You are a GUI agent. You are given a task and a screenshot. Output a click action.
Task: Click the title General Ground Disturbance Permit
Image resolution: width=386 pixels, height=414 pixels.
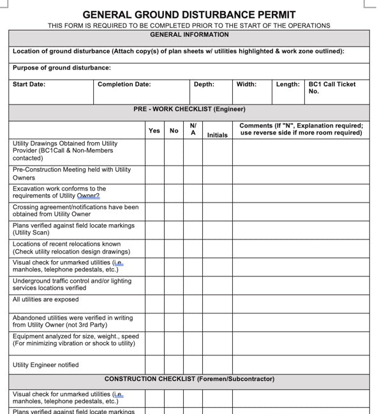tap(189, 14)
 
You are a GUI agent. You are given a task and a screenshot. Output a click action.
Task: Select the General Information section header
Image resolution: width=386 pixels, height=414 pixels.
tap(189, 35)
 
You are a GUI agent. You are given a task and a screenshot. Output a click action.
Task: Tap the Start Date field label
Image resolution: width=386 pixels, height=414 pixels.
tap(29, 84)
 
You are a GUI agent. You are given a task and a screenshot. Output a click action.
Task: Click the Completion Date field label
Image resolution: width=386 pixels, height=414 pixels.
tap(124, 84)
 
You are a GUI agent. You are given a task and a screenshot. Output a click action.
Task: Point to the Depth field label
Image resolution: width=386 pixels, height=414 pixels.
tap(204, 84)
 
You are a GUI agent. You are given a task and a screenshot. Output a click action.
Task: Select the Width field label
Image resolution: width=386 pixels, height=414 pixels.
tap(246, 84)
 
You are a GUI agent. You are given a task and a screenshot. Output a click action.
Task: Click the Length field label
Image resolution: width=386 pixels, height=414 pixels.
tap(288, 84)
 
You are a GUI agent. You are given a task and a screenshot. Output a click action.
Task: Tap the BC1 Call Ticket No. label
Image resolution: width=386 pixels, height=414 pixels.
tap(332, 87)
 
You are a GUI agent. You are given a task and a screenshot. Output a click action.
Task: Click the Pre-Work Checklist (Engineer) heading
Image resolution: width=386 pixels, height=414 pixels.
tap(189, 110)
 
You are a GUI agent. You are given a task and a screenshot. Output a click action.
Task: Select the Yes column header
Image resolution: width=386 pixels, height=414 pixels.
tap(154, 131)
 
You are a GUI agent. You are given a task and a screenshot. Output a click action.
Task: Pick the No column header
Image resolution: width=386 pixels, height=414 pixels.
tap(174, 131)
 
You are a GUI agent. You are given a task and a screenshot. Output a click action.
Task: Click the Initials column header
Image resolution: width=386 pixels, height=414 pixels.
tap(217, 135)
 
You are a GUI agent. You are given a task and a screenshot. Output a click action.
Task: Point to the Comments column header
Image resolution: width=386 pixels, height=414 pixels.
tap(301, 129)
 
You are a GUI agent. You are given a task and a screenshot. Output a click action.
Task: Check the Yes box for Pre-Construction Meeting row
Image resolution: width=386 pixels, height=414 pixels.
tap(154, 174)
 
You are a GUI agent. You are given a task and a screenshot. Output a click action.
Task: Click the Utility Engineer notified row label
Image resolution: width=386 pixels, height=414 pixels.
tap(46, 365)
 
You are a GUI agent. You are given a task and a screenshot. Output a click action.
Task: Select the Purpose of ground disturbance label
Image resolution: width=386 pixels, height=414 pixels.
tap(61, 68)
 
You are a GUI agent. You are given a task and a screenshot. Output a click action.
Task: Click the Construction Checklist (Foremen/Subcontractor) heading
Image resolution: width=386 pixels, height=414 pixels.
tap(189, 379)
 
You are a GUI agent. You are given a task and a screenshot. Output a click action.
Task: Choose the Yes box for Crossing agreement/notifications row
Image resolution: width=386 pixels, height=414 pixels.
tap(154, 211)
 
